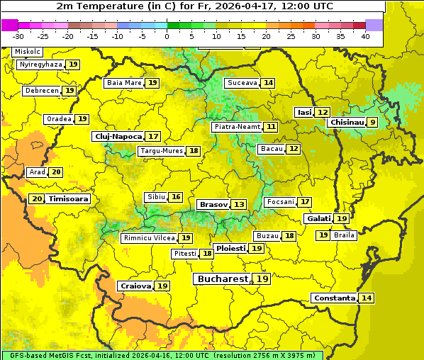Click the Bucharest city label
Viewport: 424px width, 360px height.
[x=223, y=279]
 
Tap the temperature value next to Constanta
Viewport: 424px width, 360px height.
[x=367, y=298]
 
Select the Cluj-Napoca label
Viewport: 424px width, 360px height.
[x=118, y=136]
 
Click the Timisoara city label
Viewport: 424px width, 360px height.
[x=69, y=199]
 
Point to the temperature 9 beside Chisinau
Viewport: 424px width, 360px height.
[x=372, y=123]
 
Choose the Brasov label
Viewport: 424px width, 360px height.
[x=213, y=204]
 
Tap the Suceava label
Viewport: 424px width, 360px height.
[x=242, y=83]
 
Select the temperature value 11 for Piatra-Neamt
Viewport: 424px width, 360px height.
[x=271, y=127]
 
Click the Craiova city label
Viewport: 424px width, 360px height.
[x=135, y=286]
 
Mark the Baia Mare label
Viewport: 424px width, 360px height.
[x=123, y=83]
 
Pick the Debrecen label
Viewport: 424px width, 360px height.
[x=41, y=91]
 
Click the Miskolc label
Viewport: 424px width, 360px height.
[x=28, y=52]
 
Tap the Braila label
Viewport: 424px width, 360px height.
[x=344, y=235]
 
